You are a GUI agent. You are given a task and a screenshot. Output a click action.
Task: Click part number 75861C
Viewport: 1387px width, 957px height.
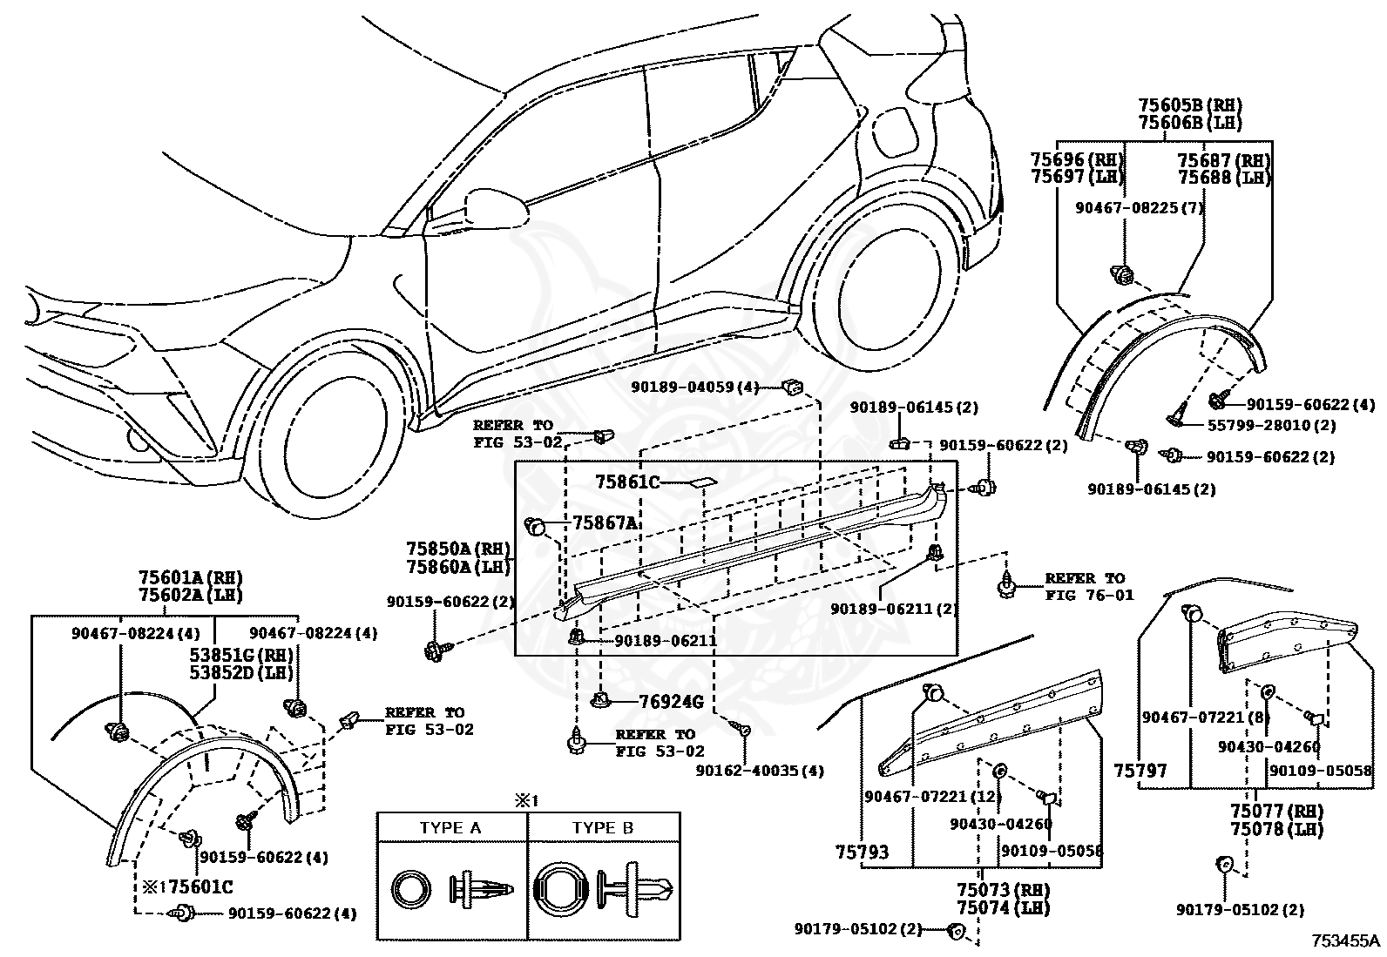click(627, 482)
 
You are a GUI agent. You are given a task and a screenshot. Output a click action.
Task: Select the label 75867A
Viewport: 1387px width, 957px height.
click(605, 523)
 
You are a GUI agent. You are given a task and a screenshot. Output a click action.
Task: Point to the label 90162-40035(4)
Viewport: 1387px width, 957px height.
click(760, 771)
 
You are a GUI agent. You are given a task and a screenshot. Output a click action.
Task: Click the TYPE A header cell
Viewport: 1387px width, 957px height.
click(450, 828)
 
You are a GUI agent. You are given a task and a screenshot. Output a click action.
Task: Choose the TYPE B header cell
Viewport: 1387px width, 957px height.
click(603, 828)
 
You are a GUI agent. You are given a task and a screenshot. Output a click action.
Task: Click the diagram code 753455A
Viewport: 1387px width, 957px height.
click(1345, 941)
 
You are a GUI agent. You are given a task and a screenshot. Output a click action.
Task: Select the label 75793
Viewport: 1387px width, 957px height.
click(862, 853)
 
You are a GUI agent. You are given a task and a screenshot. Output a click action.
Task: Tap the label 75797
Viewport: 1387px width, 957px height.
click(1140, 771)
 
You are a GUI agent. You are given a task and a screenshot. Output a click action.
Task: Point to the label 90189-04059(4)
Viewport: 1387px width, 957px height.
click(694, 388)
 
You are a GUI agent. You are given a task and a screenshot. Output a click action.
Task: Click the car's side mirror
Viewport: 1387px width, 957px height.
click(496, 209)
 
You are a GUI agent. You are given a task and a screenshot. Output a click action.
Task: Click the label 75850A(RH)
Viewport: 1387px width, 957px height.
click(458, 549)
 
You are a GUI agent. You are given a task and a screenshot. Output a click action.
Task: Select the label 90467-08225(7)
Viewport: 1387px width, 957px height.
click(1140, 208)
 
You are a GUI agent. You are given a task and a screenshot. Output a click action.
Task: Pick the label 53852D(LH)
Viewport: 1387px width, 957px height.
click(241, 672)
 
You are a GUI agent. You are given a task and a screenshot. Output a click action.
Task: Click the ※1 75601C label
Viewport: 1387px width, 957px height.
click(187, 887)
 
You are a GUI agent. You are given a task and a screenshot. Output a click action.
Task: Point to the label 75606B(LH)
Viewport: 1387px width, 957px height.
click(1190, 123)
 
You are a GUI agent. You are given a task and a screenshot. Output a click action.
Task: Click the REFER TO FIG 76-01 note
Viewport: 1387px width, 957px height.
click(1089, 586)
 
